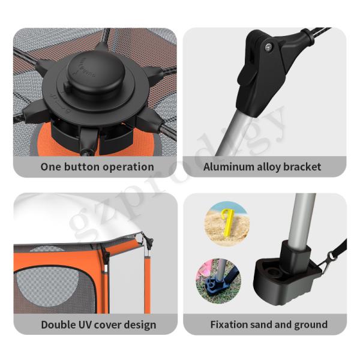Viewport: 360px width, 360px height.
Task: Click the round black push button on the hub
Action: [x=96, y=73]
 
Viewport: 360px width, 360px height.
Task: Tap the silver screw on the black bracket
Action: [x=268, y=47]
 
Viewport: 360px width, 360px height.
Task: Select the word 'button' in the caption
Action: [x=82, y=167]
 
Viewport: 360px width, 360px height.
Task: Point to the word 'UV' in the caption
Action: [x=85, y=325]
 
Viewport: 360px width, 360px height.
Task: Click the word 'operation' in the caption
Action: [x=128, y=167]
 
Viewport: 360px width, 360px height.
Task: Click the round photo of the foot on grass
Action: [x=218, y=281]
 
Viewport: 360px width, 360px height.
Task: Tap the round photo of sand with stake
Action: [x=227, y=224]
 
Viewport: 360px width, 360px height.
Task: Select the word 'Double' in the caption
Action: [x=58, y=325]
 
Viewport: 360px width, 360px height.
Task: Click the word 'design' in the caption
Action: [x=141, y=325]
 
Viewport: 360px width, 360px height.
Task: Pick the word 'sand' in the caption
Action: [x=261, y=325]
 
